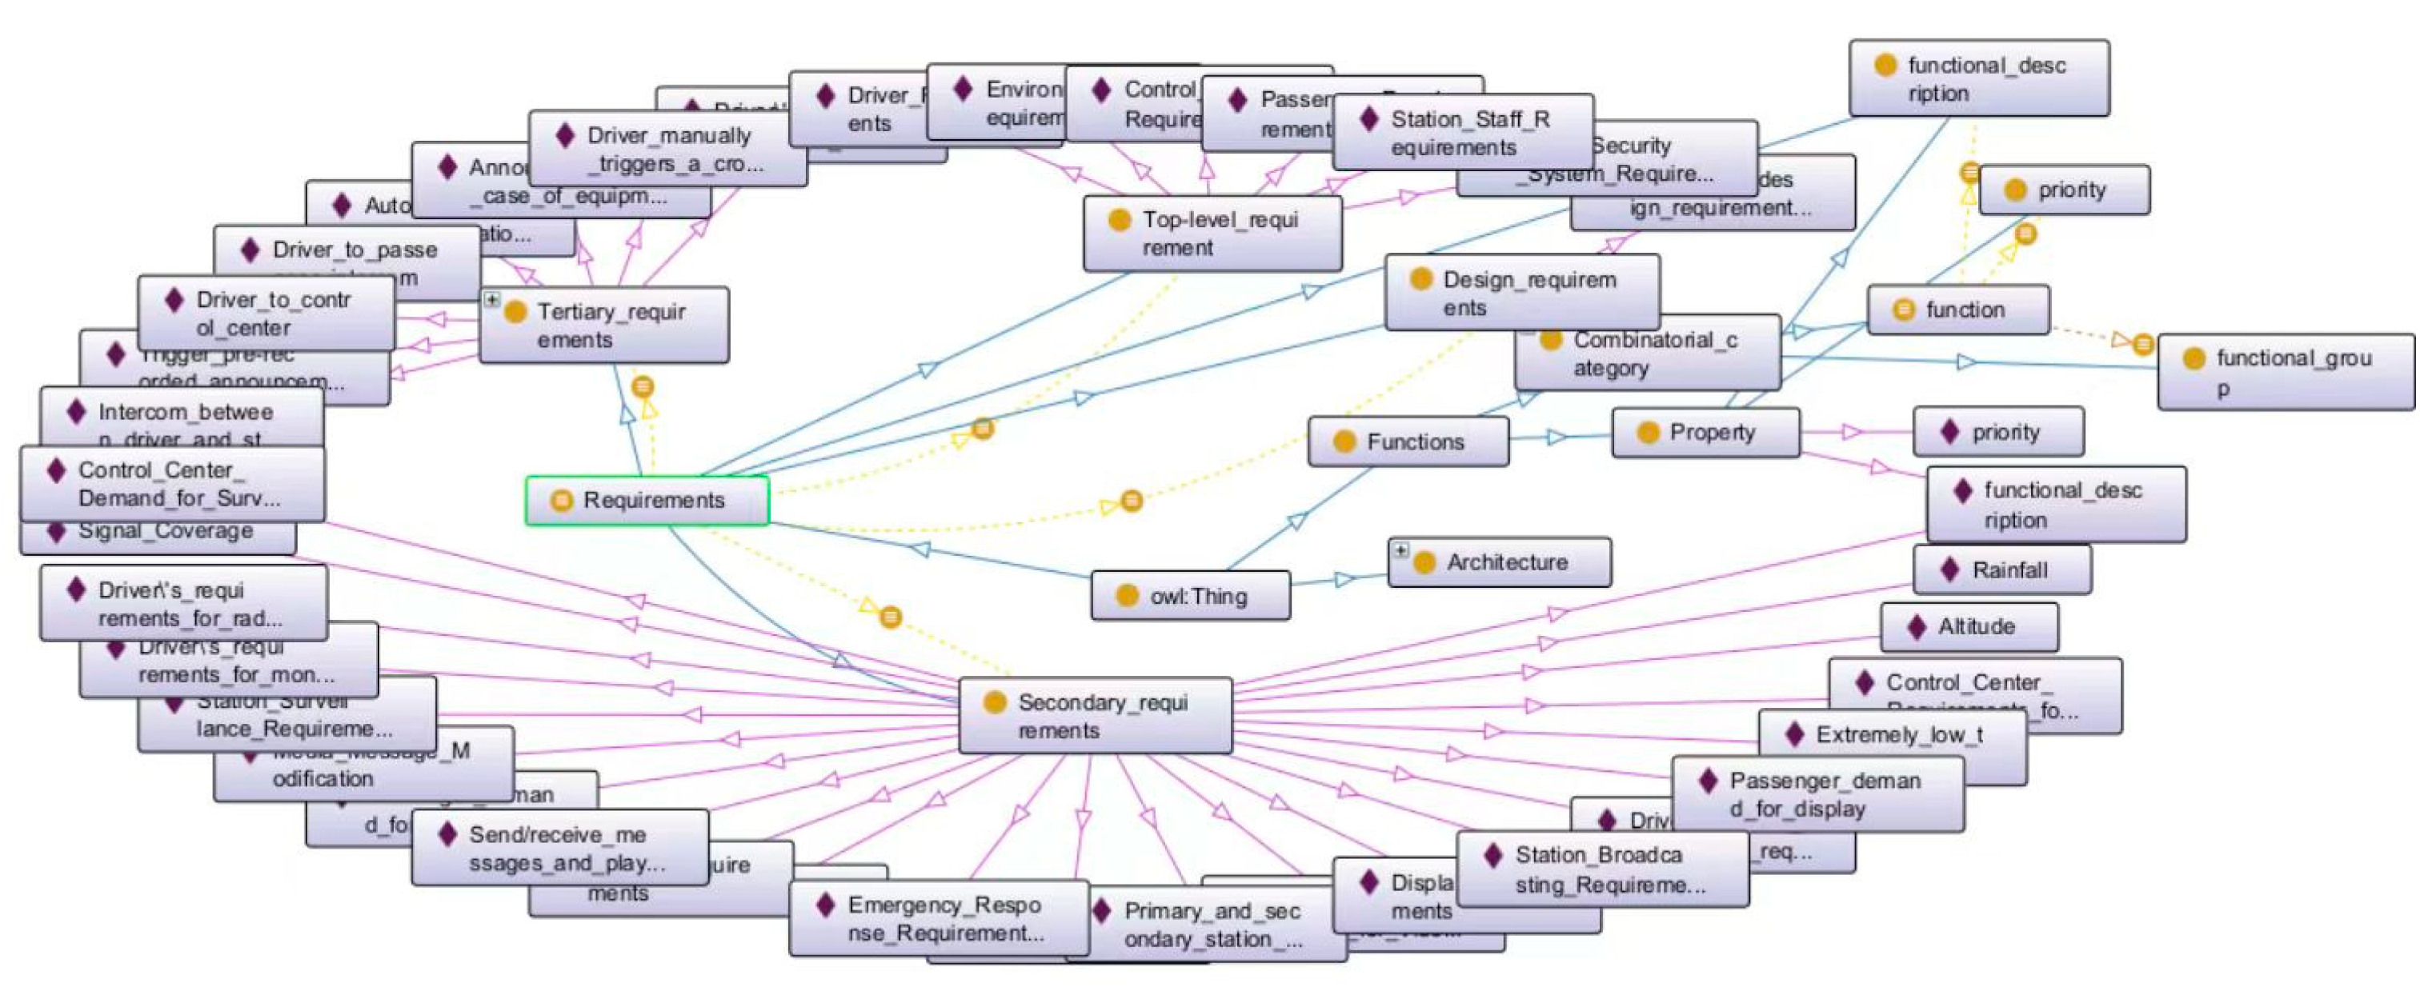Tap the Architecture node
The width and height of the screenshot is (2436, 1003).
pos(1505,562)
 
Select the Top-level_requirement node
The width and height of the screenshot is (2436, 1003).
pos(1212,234)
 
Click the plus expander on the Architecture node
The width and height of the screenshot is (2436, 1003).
pos(1400,549)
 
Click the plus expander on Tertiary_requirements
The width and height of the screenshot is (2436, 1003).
pos(491,298)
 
